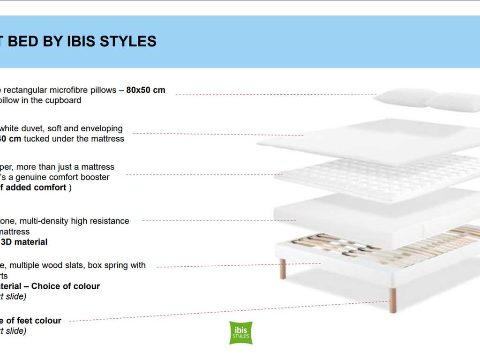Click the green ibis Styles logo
coord(241,333)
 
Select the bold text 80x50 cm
coord(146,90)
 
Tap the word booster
coord(95,177)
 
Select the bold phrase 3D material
coord(24,242)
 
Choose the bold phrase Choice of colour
coord(66,286)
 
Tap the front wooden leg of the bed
coord(392,300)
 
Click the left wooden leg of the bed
coord(283,269)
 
